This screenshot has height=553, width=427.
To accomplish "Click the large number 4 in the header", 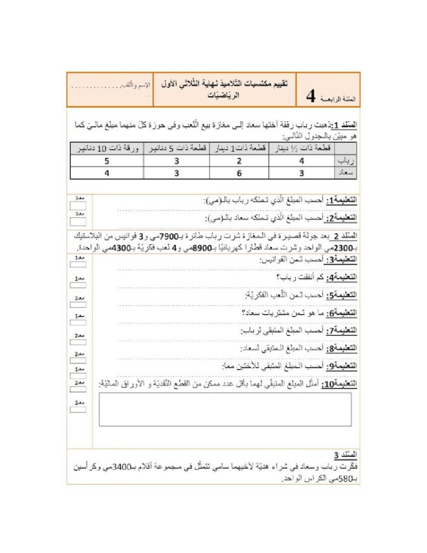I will pyautogui.click(x=311, y=96).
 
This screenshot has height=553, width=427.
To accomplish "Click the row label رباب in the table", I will pyautogui.click(x=344, y=161).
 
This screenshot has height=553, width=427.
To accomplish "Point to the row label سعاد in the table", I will pyautogui.click(x=344, y=173).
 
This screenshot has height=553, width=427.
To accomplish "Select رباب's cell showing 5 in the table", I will pyautogui.click(x=107, y=161).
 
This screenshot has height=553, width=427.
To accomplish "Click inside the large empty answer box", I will pyautogui.click(x=225, y=409).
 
